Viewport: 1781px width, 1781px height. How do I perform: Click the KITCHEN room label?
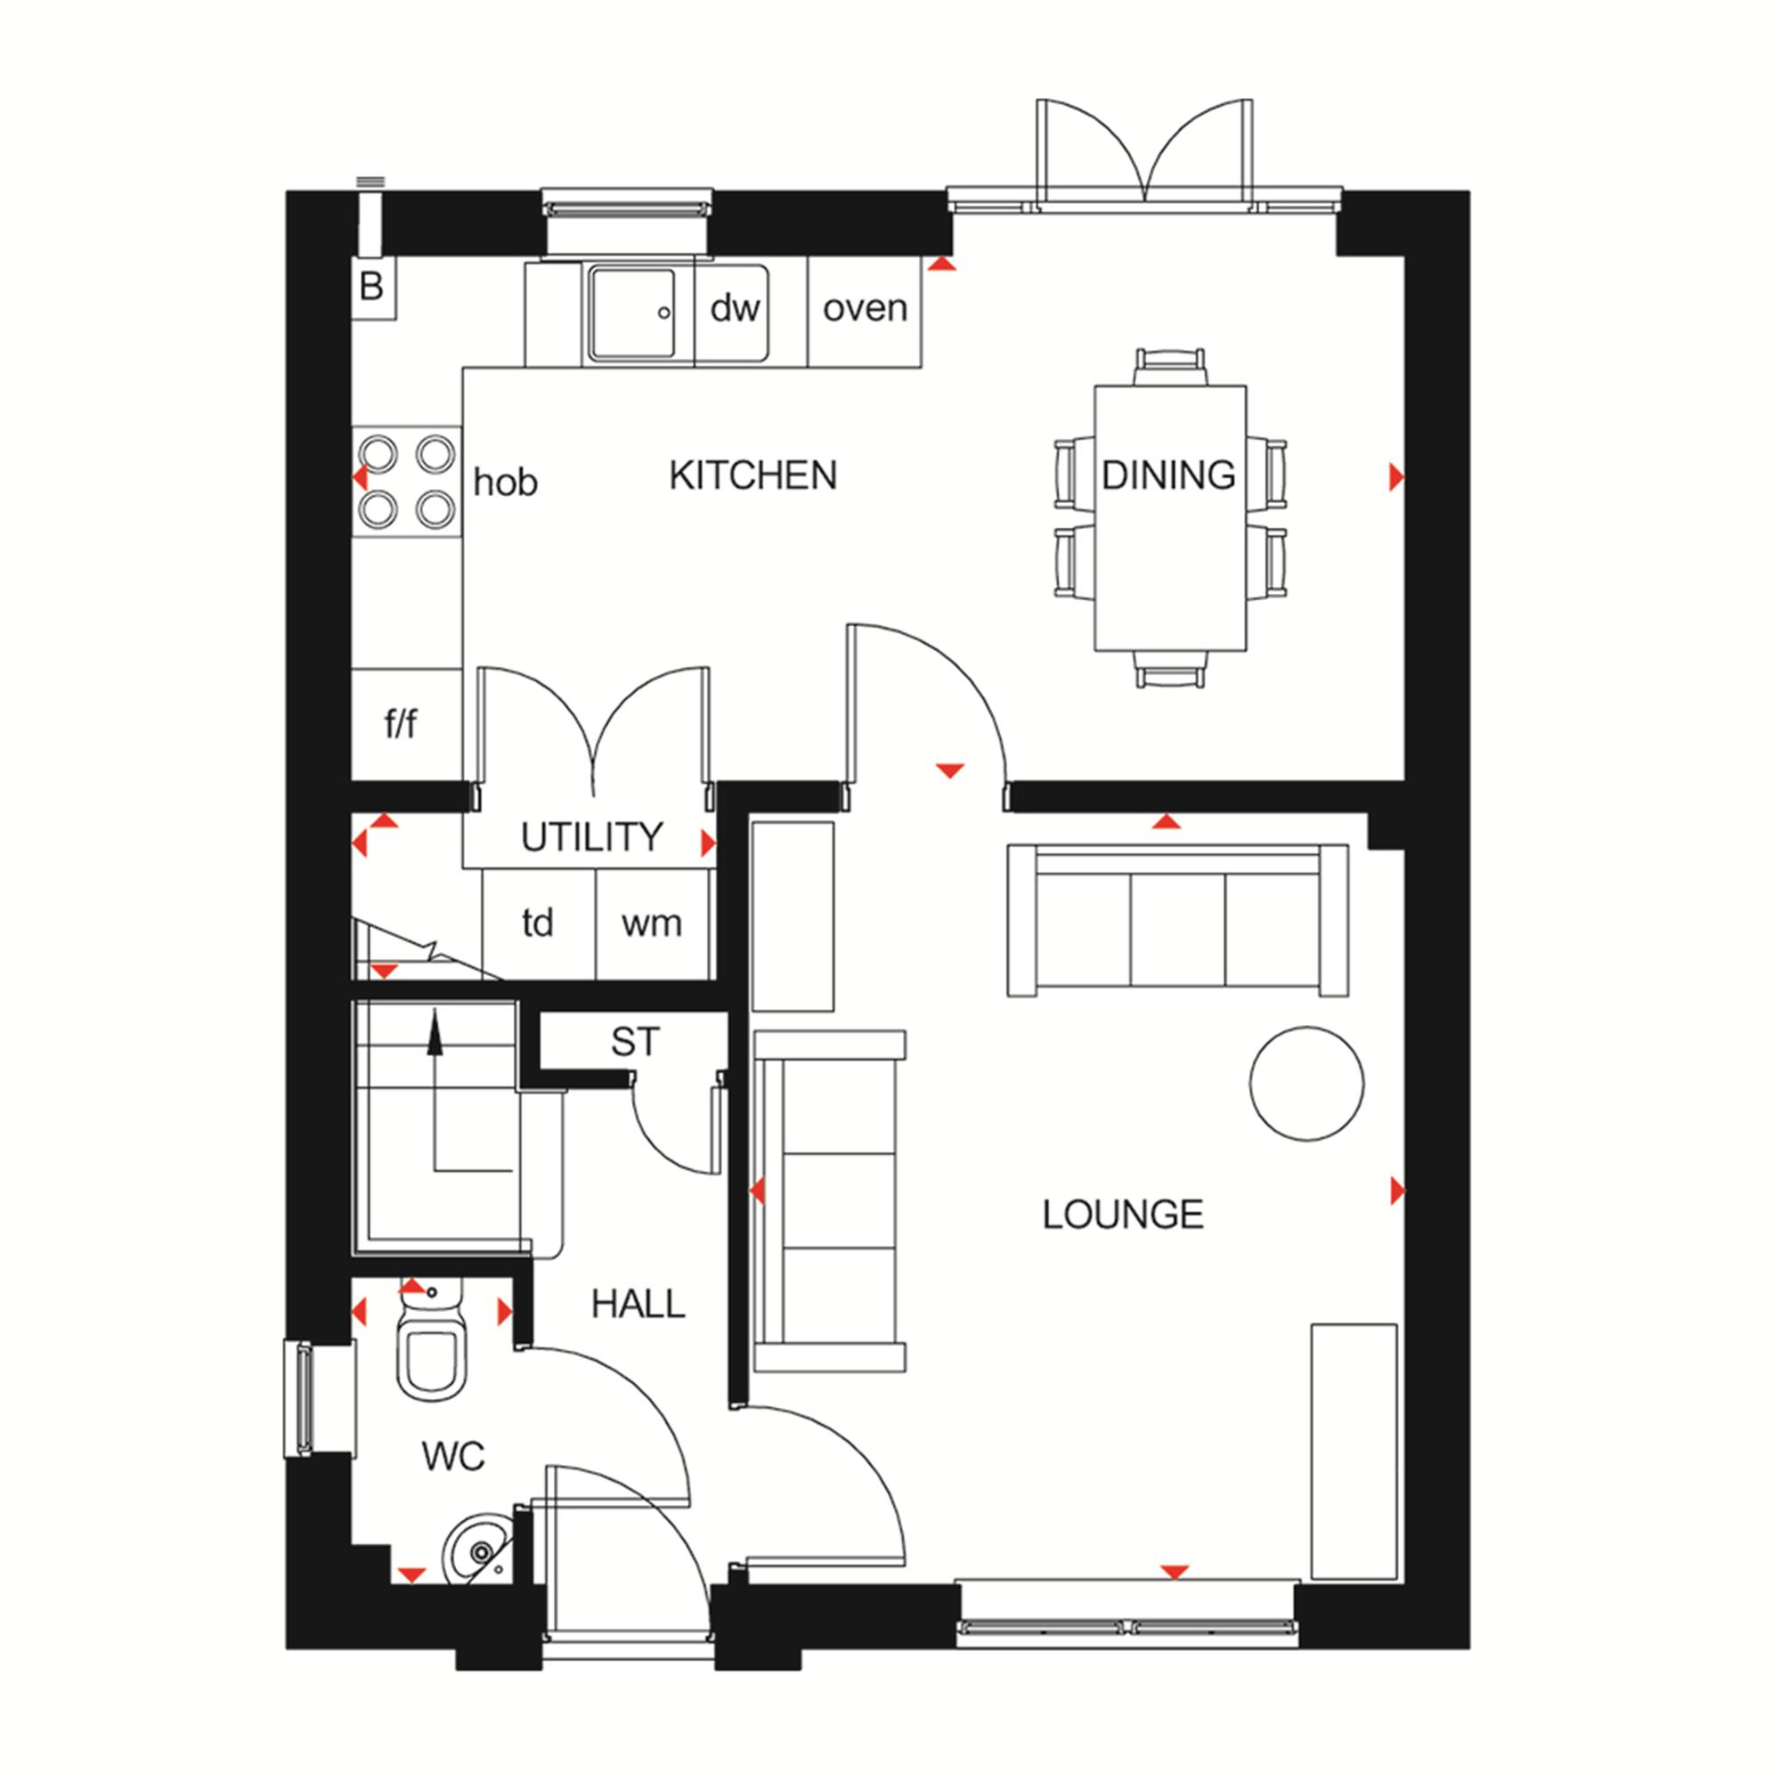753,476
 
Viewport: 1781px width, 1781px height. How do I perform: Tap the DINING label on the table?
1168,476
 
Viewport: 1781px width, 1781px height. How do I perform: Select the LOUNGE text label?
1123,1215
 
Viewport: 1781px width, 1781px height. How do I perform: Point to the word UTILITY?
592,837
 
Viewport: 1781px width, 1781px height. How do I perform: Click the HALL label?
638,1305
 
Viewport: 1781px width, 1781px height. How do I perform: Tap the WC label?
453,1458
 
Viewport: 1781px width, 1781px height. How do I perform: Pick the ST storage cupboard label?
635,1042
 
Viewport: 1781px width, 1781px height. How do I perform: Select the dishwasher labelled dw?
733,312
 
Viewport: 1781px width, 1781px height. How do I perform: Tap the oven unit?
865,312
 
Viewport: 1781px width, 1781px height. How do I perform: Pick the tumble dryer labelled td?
540,923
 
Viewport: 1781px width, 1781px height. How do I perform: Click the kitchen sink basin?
632,313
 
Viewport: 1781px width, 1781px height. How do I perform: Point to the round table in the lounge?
1306,1084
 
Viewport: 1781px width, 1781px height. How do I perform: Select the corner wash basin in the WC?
478,1552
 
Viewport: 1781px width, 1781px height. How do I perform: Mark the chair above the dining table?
1170,368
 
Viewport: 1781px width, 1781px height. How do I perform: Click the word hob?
505,483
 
